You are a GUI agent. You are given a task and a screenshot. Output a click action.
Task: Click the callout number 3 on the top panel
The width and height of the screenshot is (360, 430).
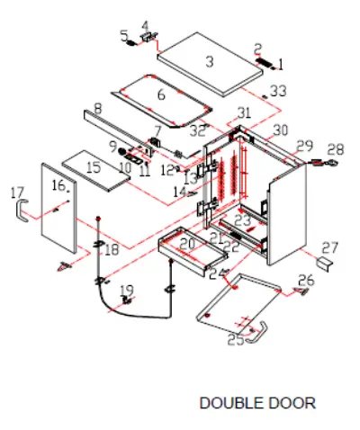point(209,62)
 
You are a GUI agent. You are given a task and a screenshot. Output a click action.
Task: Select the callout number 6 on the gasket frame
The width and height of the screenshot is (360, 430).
point(161,94)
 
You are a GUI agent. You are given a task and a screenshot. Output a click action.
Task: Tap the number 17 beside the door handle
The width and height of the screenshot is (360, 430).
point(16,193)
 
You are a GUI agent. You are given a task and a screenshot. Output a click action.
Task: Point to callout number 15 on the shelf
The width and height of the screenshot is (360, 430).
point(94,167)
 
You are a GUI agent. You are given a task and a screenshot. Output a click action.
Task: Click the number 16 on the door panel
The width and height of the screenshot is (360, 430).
point(58,185)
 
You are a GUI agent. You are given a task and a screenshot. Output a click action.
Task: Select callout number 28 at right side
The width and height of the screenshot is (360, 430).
point(335,149)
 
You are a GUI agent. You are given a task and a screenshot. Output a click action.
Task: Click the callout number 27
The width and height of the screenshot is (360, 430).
point(330,247)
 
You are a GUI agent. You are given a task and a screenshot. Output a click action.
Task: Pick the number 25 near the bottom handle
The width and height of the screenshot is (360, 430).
point(235,339)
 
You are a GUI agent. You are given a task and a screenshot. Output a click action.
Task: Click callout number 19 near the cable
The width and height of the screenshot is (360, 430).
point(127,290)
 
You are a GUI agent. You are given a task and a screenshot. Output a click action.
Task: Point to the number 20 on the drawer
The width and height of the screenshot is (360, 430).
point(186,243)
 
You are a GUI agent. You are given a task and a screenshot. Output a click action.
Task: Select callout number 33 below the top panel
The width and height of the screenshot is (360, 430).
point(278,91)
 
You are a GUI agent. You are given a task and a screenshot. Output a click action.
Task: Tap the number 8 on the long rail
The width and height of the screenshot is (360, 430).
point(97,108)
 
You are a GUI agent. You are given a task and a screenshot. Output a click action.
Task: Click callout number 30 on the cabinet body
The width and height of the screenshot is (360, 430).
point(281,130)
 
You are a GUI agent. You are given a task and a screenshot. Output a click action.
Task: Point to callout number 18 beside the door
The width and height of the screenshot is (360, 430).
point(111,248)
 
